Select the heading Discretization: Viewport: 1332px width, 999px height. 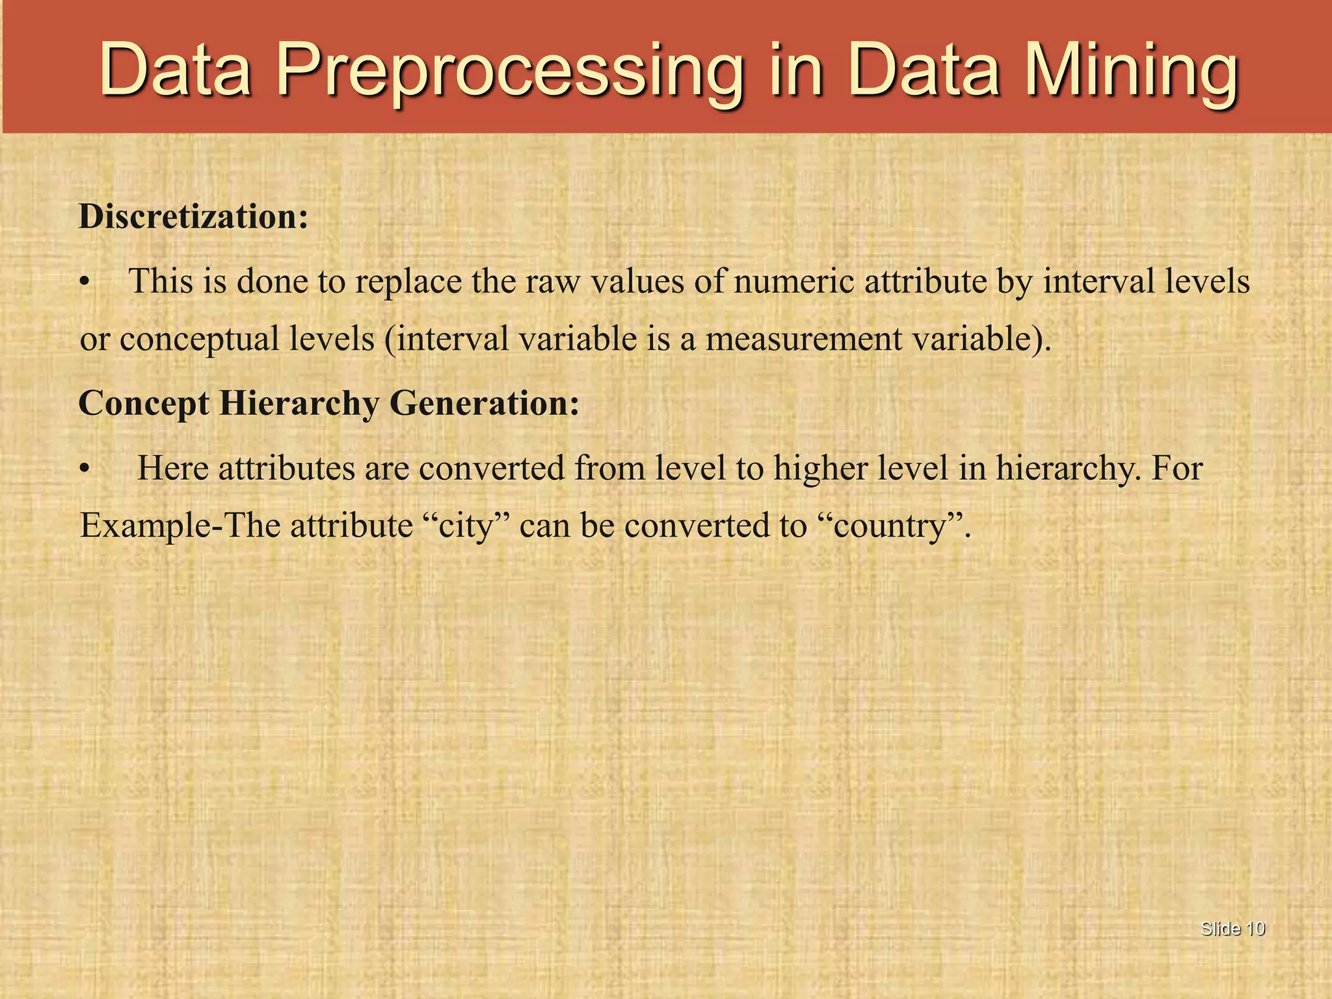pos(193,217)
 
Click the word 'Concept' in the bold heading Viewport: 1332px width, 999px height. pos(144,404)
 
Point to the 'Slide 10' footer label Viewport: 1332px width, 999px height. pos(1232,929)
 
